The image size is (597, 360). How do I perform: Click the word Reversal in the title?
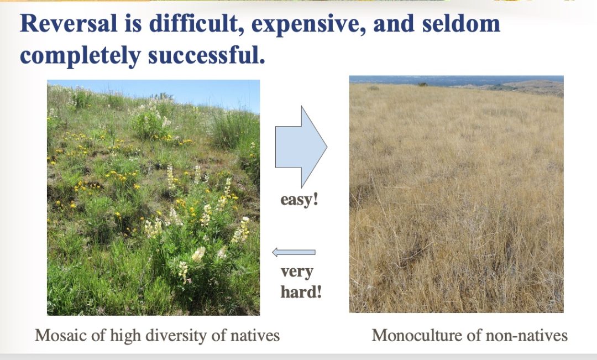pos(69,23)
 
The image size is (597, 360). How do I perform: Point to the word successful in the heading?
pos(206,55)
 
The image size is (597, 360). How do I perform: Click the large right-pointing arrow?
pos(301,147)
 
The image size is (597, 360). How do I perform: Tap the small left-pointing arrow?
pos(294,252)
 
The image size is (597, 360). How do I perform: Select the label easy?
pos(299,200)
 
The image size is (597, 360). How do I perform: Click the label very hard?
pos(301,282)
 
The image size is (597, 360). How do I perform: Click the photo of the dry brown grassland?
pos(457,194)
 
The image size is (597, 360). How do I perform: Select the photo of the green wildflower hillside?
pos(154,197)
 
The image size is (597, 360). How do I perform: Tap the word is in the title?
pos(133,23)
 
